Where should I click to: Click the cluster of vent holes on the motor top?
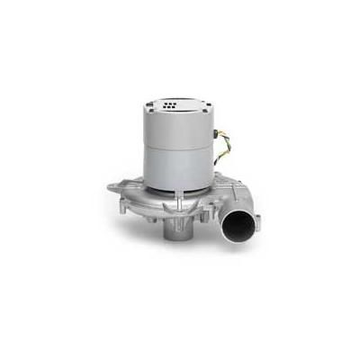pyautogui.click(x=172, y=106)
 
